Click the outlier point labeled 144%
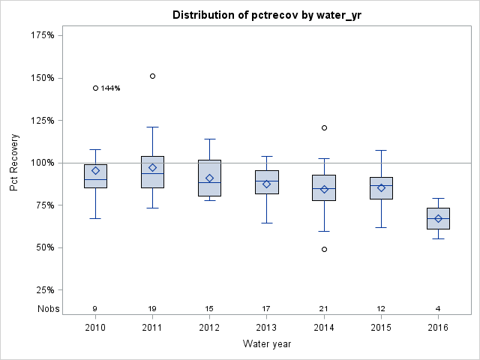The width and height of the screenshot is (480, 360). coord(95,88)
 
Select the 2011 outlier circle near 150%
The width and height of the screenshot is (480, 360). coord(152,76)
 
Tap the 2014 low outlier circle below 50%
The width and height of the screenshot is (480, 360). coord(324,249)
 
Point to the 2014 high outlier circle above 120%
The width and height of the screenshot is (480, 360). coord(324,127)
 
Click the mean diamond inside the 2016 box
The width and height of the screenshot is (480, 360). coord(438,218)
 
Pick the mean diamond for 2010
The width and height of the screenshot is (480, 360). coord(95,170)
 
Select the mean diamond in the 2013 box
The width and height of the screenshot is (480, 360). coord(266,184)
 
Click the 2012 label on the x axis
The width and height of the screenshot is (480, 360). coord(209,328)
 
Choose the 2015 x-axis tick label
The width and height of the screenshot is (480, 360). coord(381,328)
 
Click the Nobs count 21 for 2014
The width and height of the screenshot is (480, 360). coord(324,308)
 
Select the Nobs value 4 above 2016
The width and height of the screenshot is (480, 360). coord(438,308)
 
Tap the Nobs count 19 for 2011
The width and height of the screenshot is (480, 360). coord(152,308)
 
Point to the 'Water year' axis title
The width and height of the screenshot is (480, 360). coord(266,344)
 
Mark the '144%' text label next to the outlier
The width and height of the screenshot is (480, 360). coord(111,88)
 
